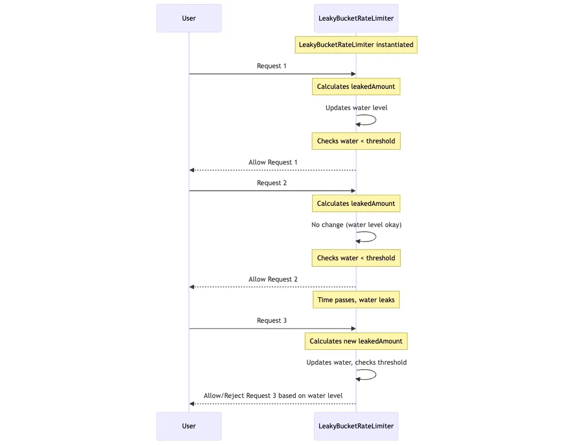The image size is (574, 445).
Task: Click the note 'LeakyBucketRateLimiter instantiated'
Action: click(356, 45)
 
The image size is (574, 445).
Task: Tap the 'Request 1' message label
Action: click(272, 66)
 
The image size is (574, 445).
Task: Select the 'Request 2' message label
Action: click(272, 183)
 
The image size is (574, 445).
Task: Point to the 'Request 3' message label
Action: click(272, 321)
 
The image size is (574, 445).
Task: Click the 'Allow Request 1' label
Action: click(273, 162)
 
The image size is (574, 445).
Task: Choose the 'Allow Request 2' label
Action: click(273, 279)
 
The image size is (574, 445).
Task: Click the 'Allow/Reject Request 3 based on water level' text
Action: click(273, 396)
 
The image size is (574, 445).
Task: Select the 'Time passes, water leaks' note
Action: click(356, 300)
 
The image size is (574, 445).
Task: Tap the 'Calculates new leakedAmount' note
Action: click(356, 341)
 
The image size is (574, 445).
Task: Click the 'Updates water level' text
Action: click(356, 108)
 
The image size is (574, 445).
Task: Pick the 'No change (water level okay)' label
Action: click(356, 225)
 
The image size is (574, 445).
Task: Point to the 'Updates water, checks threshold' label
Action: click(356, 362)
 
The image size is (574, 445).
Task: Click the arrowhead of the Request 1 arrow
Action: click(353, 74)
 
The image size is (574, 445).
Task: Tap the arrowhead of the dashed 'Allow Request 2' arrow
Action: click(192, 287)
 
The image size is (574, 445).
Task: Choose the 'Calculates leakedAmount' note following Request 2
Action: click(356, 204)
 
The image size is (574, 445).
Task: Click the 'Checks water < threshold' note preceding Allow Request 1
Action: click(356, 141)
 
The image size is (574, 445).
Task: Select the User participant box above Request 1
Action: click(189, 18)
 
